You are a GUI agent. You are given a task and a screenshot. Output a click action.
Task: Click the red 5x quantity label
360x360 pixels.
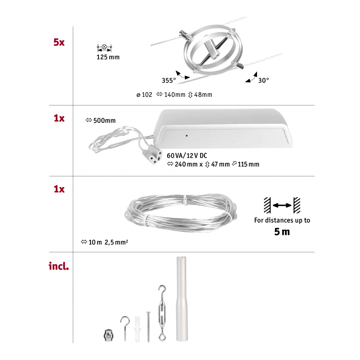coord(59,42)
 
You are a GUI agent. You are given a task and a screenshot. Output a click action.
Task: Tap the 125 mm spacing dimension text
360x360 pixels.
coord(108,57)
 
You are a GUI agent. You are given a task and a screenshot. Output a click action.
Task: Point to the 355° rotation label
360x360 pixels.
coord(169,81)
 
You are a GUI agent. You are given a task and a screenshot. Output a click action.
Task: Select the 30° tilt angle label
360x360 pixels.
coord(263,80)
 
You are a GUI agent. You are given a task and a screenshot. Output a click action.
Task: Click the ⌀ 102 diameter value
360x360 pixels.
coord(144,95)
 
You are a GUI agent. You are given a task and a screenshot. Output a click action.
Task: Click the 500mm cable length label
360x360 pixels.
coord(104,121)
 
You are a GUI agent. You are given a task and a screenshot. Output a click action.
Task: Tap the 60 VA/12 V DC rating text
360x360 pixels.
coord(187,156)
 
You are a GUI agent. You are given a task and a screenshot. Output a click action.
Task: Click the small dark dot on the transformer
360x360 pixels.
coord(186,135)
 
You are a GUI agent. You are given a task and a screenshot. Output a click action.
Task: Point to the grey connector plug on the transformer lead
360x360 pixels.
coord(153,153)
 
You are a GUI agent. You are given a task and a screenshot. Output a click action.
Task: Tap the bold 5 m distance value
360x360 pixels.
coord(282,232)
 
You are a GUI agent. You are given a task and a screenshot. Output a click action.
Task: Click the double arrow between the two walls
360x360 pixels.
coord(282,205)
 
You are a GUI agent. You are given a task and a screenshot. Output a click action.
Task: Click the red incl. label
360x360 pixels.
coord(59,266)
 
